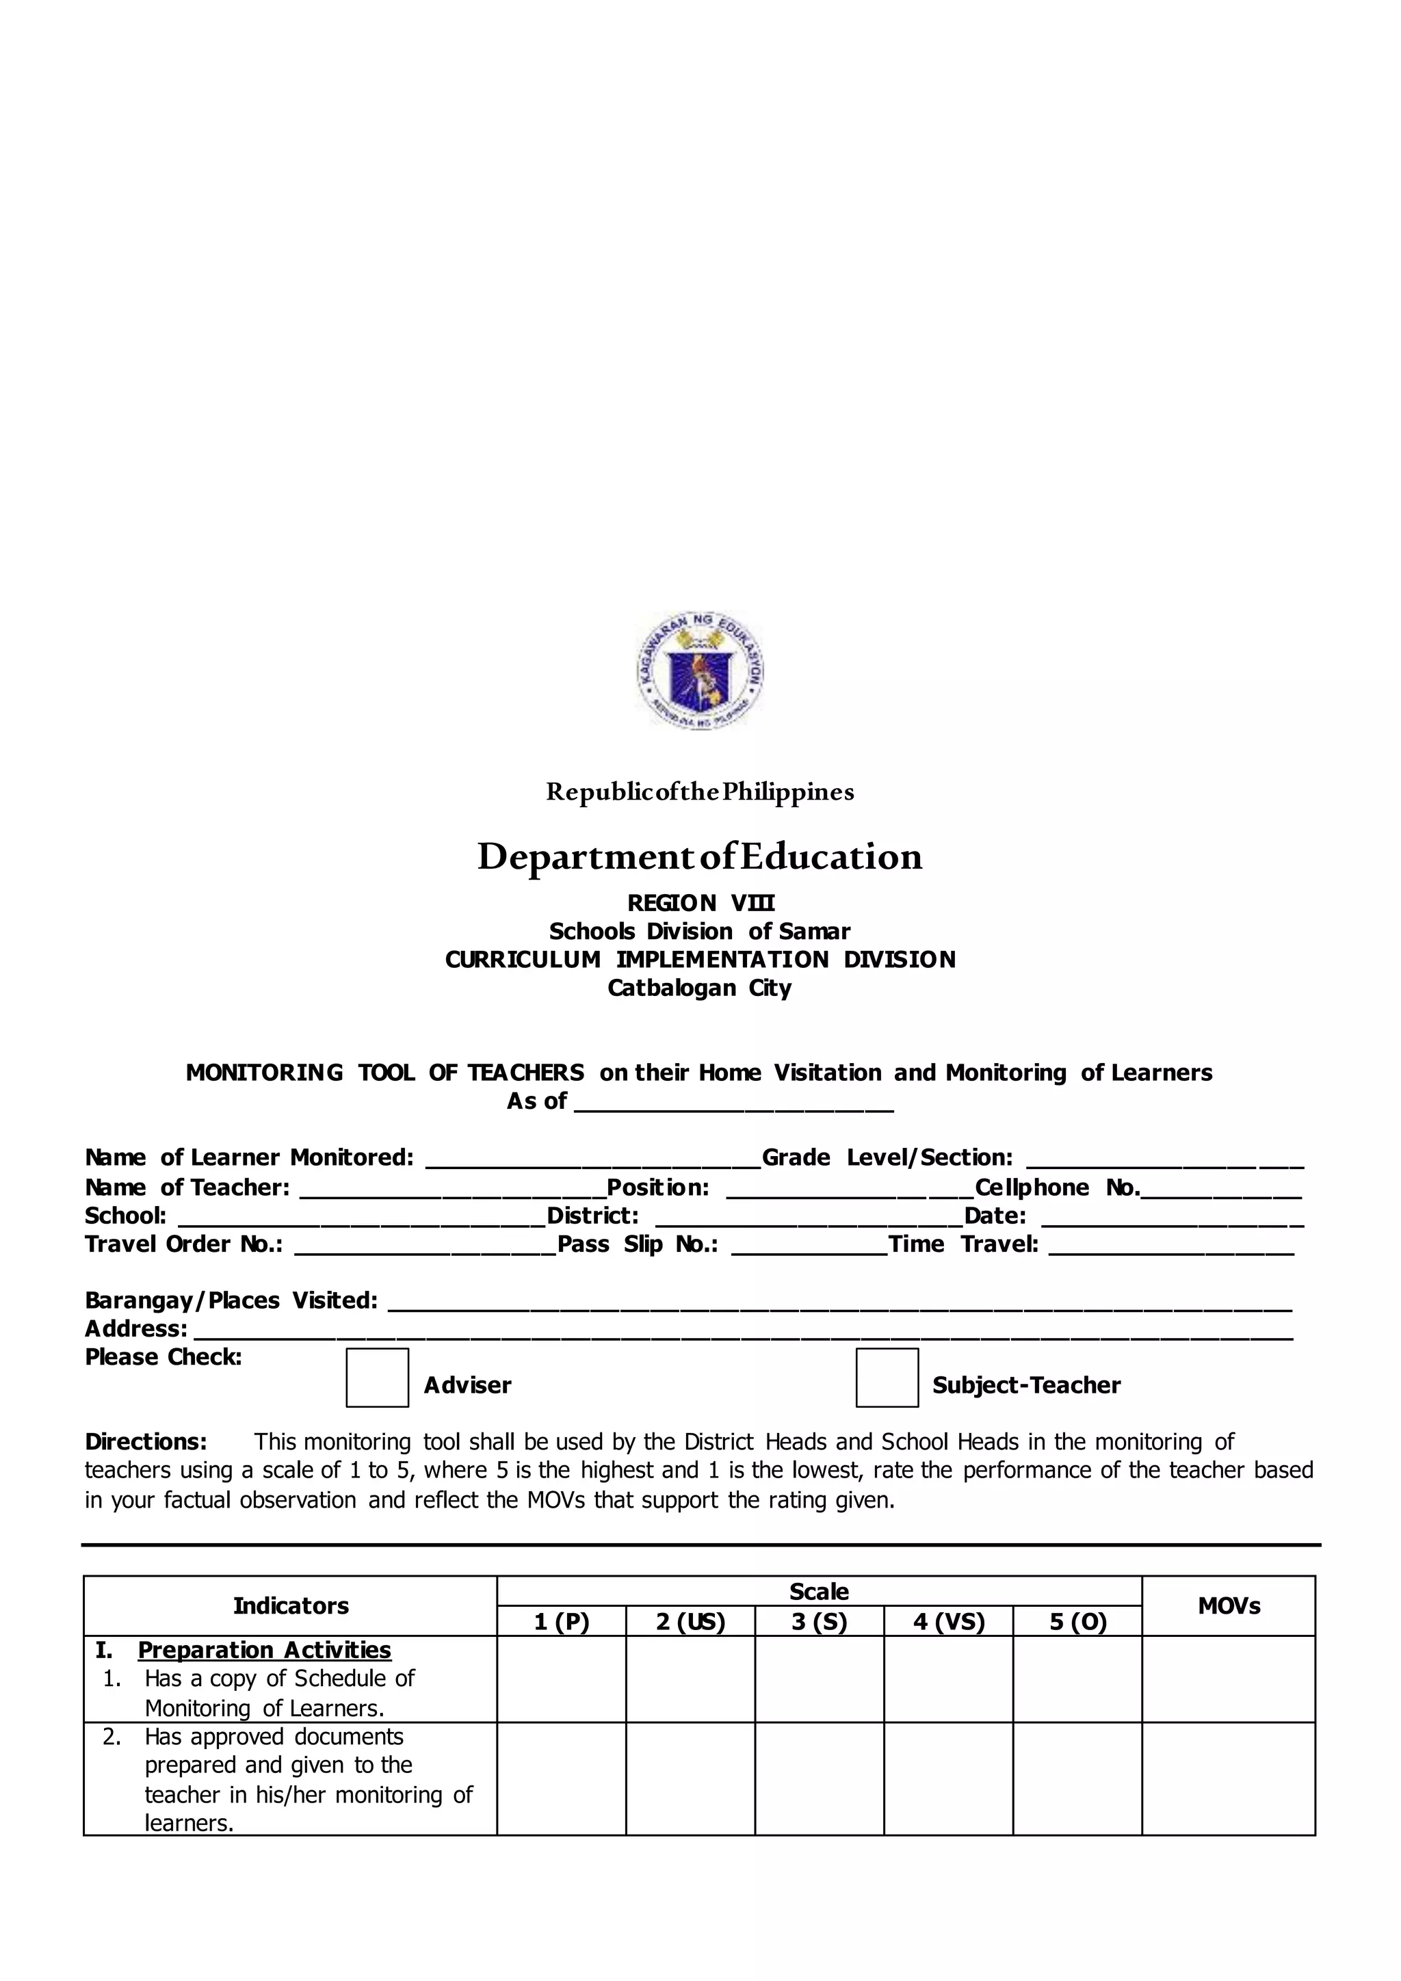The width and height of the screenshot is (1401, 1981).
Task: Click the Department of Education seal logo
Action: (700, 671)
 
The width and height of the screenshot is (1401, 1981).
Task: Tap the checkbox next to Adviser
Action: (377, 1378)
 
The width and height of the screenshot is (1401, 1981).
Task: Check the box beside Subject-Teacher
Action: (887, 1378)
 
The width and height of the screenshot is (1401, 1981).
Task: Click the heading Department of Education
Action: (700, 856)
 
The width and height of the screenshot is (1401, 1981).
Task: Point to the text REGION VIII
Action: (700, 904)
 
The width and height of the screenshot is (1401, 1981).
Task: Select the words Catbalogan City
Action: (700, 988)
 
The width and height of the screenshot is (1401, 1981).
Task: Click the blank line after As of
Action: (733, 1103)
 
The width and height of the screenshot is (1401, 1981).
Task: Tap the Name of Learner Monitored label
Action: (249, 1158)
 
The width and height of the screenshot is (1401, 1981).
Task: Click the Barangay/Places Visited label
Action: (231, 1300)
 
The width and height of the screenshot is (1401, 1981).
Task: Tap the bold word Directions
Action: (146, 1442)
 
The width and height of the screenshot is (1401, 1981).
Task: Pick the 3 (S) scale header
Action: (819, 1622)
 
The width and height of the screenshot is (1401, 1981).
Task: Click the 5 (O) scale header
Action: (1077, 1622)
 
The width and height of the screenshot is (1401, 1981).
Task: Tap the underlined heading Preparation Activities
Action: (264, 1650)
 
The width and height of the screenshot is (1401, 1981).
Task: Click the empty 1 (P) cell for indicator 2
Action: (561, 1779)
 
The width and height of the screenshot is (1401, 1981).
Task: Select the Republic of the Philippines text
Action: (700, 792)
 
